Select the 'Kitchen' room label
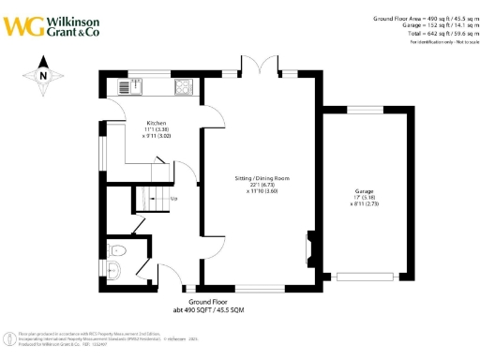pyautogui.click(x=156, y=123)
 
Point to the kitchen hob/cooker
pyautogui.click(x=184, y=88)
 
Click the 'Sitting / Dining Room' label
pyautogui.click(x=262, y=177)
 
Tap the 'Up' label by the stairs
pyautogui.click(x=174, y=199)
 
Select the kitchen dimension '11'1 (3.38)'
pyautogui.click(x=156, y=129)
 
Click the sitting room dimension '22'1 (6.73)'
pyautogui.click(x=262, y=184)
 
